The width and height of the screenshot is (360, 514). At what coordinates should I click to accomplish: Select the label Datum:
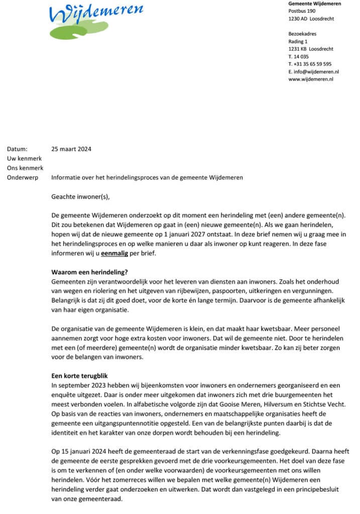18,149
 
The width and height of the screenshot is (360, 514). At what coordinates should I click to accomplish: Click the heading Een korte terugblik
83,376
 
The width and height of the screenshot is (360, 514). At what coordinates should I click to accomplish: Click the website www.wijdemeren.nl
311,79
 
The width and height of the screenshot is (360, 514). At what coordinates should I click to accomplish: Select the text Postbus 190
302,11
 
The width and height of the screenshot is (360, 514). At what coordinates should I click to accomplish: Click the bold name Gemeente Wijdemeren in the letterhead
315,4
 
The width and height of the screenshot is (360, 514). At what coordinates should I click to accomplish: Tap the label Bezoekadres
303,34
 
